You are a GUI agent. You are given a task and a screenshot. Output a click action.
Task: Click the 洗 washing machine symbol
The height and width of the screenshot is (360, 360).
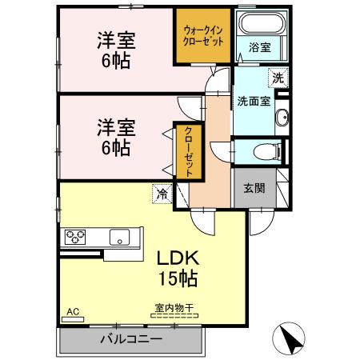tap(278, 79)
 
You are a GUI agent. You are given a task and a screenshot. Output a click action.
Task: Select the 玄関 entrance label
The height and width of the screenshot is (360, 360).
tap(254, 190)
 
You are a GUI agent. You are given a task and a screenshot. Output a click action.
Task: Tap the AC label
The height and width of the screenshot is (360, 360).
tap(73, 311)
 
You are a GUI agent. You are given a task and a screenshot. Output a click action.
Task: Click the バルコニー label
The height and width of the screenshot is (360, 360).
tap(130, 339)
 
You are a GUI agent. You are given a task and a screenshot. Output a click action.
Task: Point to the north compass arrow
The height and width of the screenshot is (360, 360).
tap(293, 339)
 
